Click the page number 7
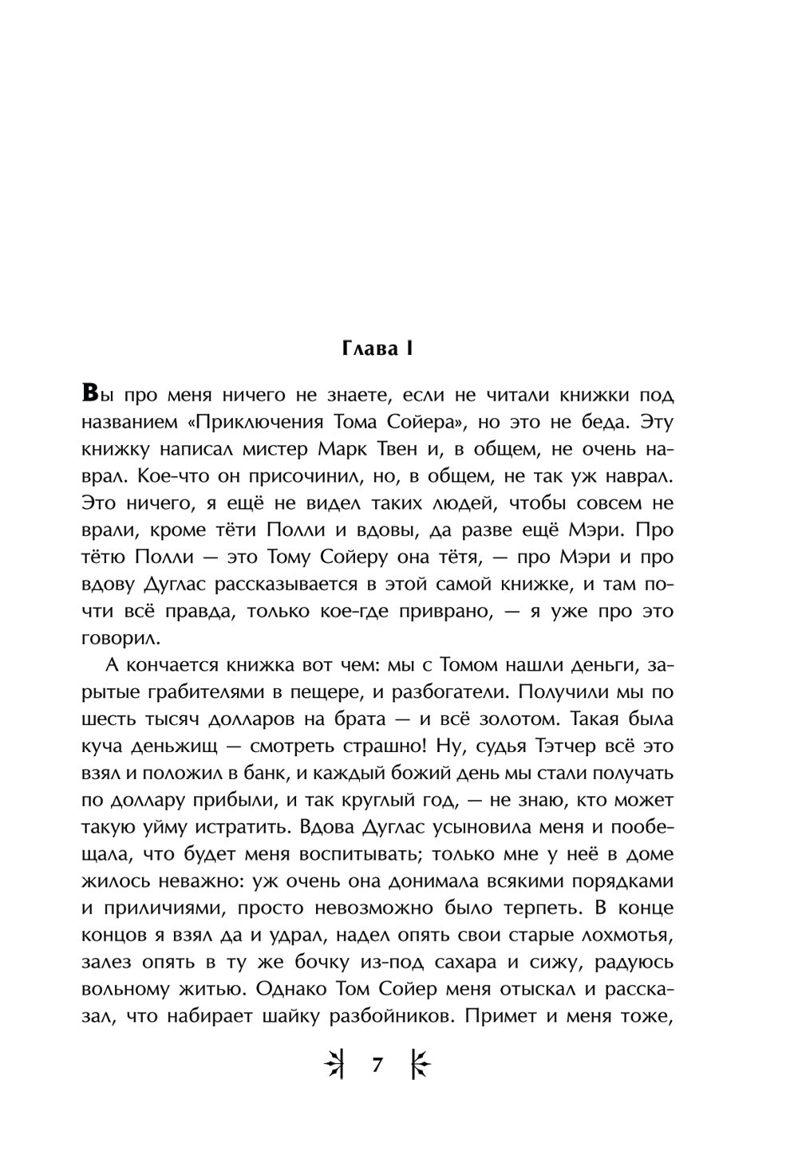(377, 1066)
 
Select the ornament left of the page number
(334, 1066)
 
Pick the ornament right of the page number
(421, 1066)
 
